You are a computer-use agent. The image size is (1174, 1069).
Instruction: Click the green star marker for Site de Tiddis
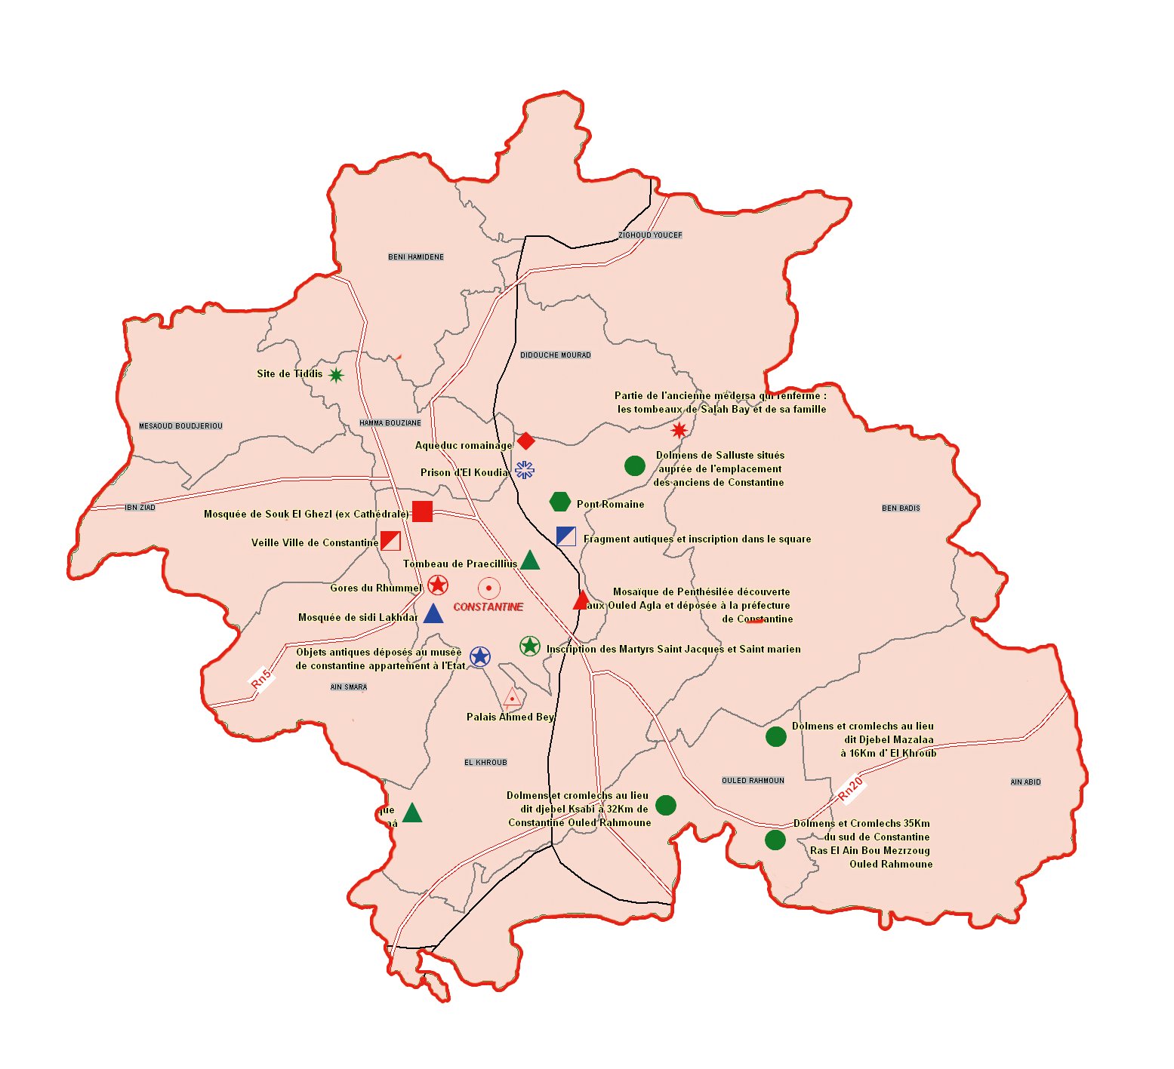pyautogui.click(x=336, y=375)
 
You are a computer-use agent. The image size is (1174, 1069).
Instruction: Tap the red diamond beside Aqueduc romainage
pyautogui.click(x=526, y=441)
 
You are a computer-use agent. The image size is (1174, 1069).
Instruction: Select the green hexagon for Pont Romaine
pyautogui.click(x=559, y=502)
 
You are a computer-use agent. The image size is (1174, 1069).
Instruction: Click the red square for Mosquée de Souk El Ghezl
pyautogui.click(x=422, y=511)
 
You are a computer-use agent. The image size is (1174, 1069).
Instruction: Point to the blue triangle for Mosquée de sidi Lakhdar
pyautogui.click(x=433, y=614)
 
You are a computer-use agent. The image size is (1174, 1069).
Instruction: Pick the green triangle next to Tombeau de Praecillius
pyautogui.click(x=530, y=560)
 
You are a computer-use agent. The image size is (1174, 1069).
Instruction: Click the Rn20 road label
pyautogui.click(x=850, y=788)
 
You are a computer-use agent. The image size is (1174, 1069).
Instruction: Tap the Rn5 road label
pyautogui.click(x=261, y=677)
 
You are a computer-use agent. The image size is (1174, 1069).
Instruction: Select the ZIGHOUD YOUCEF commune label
pyautogui.click(x=650, y=235)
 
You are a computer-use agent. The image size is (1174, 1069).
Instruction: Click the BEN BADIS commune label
pyautogui.click(x=901, y=508)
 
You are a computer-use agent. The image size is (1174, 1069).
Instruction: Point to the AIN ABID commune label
pyautogui.click(x=1025, y=782)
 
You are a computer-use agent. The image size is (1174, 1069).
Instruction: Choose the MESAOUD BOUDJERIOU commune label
pyautogui.click(x=180, y=426)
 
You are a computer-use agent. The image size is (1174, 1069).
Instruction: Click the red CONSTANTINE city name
pyautogui.click(x=488, y=607)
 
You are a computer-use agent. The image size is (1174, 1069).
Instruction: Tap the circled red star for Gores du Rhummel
pyautogui.click(x=438, y=585)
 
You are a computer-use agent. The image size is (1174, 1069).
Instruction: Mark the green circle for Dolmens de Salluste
pyautogui.click(x=635, y=466)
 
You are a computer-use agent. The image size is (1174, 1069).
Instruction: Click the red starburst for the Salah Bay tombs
pyautogui.click(x=679, y=430)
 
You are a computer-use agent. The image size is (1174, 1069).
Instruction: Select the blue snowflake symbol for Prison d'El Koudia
pyautogui.click(x=525, y=470)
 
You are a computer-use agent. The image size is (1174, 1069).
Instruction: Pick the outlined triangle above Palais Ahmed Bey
pyautogui.click(x=513, y=697)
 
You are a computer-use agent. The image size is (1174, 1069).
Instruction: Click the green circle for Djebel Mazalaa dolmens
pyautogui.click(x=776, y=737)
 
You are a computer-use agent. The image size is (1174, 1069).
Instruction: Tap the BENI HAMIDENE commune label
pyautogui.click(x=416, y=257)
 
